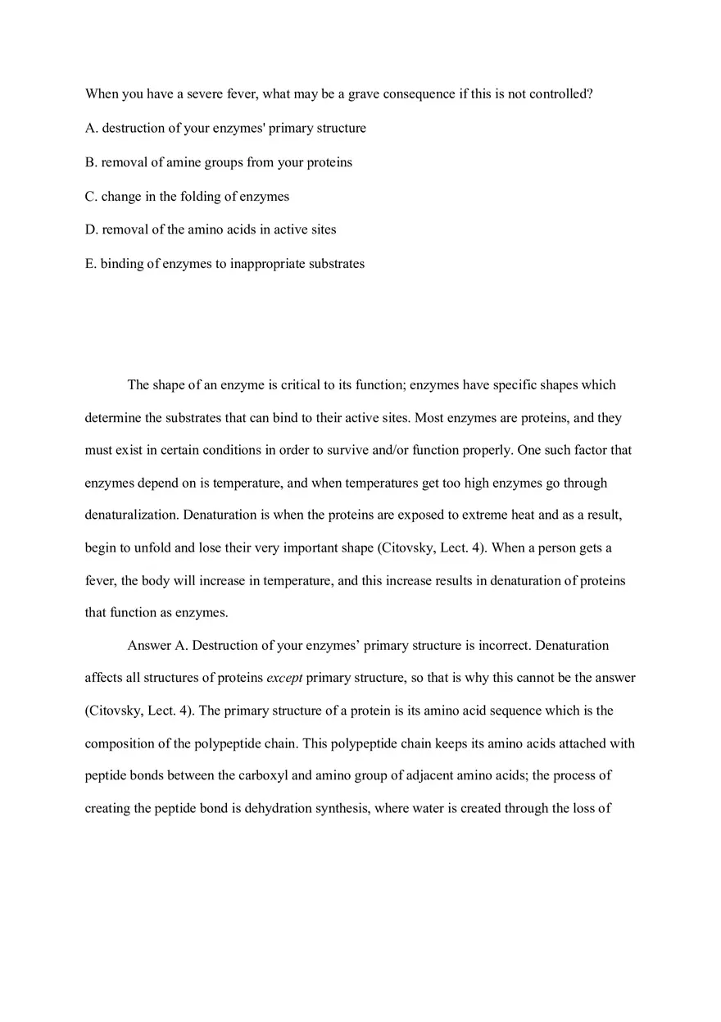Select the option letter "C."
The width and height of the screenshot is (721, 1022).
(x=92, y=197)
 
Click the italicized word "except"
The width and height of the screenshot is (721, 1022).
(x=284, y=679)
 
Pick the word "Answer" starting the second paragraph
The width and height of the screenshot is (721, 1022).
(x=149, y=646)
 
